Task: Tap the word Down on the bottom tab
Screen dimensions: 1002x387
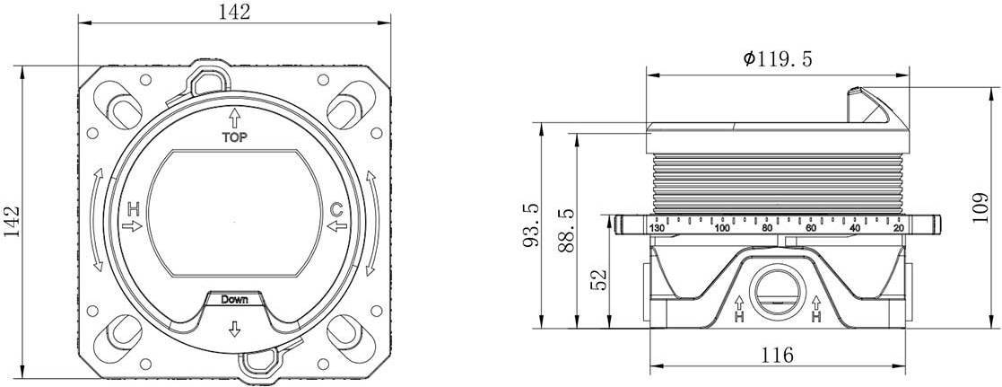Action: pos(234,299)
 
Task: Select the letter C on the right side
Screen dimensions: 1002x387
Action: pos(336,210)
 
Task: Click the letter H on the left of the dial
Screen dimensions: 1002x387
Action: pos(133,208)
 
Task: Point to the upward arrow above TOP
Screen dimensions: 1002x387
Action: pos(234,118)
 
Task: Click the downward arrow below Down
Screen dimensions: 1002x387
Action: pos(234,328)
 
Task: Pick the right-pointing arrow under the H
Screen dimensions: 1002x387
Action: pos(132,225)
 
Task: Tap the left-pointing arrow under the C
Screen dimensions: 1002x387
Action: pos(336,225)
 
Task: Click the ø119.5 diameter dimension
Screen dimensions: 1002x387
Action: pos(777,59)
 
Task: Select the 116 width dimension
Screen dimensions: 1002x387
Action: pos(778,354)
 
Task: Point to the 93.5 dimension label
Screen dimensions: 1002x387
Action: pos(531,224)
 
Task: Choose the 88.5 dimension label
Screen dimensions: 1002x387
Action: pos(566,230)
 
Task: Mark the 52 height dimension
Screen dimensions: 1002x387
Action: pos(598,279)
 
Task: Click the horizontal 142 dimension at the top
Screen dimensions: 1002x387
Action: pos(234,12)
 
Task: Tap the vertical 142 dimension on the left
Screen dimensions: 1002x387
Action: pos(12,221)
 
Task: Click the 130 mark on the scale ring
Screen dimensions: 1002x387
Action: pos(657,228)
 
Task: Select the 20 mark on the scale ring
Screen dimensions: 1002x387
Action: pos(898,228)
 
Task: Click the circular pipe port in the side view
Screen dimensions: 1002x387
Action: pos(777,293)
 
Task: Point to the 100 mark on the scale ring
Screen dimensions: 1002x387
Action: pos(722,228)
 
